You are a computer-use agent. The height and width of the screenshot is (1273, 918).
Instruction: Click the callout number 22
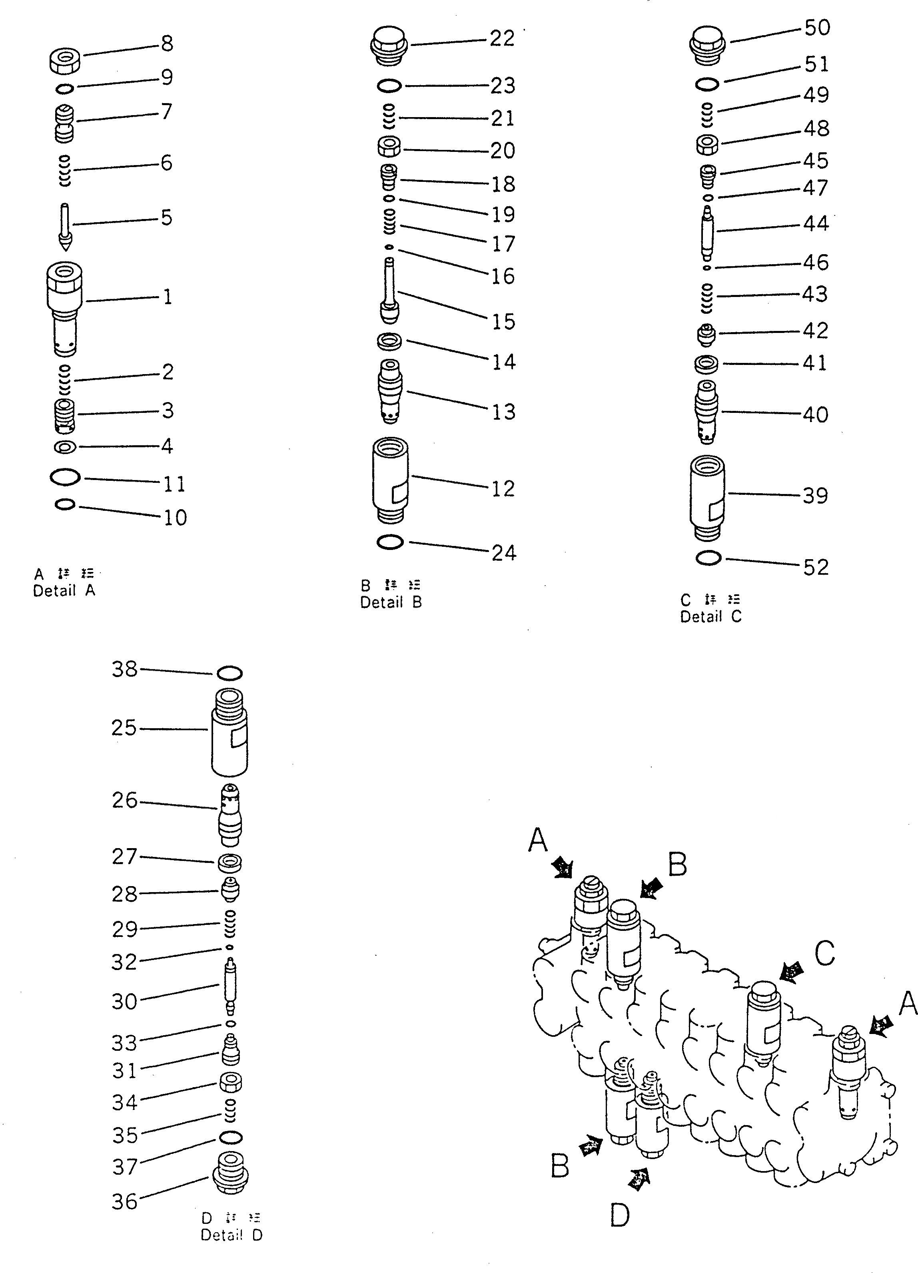coord(502,39)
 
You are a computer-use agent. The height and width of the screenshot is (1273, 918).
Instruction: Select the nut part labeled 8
coord(65,61)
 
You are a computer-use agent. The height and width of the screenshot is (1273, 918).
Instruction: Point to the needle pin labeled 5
coord(66,226)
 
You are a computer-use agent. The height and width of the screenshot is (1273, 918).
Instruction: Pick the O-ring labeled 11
coord(65,478)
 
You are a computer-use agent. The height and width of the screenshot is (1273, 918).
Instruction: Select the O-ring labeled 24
coord(390,542)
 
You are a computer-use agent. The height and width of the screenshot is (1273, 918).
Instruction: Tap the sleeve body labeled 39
coord(707,497)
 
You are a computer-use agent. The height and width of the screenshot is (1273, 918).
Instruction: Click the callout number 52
coord(815,568)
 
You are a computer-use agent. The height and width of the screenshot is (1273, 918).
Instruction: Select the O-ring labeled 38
coord(229,673)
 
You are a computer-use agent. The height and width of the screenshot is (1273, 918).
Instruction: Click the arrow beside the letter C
coord(792,973)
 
